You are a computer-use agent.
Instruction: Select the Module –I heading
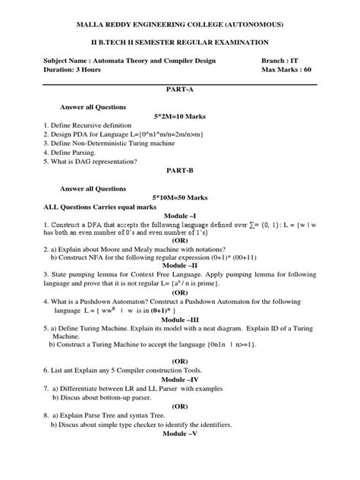click(x=179, y=216)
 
